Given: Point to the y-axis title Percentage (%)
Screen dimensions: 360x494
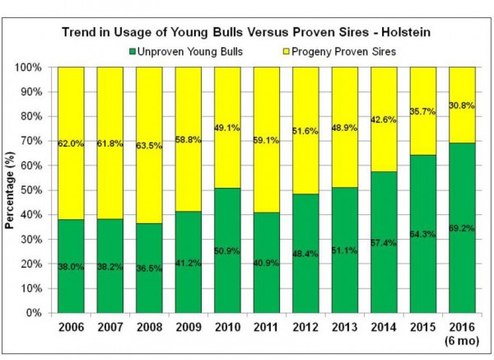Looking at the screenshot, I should coord(12,190).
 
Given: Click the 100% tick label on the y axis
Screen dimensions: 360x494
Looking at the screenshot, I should coord(39,67).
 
